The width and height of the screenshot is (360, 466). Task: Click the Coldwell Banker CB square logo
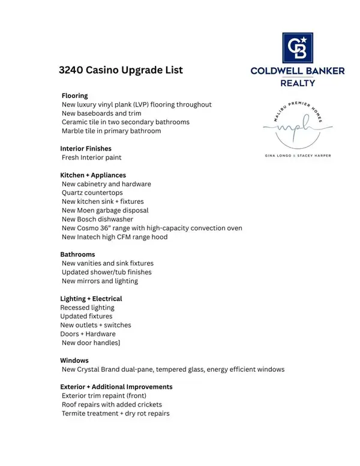click(298, 47)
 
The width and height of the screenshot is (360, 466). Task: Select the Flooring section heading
click(74, 95)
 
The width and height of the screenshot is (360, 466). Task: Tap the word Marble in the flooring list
click(74, 131)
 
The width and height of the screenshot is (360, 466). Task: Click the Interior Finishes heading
click(86, 148)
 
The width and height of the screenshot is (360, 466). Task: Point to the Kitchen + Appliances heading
click(93, 175)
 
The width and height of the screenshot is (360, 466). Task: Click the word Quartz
click(74, 193)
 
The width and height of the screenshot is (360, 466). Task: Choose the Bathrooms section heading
click(77, 254)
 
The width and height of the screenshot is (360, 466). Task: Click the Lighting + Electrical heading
click(91, 299)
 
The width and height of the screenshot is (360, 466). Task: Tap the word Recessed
click(75, 308)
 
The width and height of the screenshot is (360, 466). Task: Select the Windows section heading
click(74, 360)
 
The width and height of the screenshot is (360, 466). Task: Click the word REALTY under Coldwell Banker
click(298, 83)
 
